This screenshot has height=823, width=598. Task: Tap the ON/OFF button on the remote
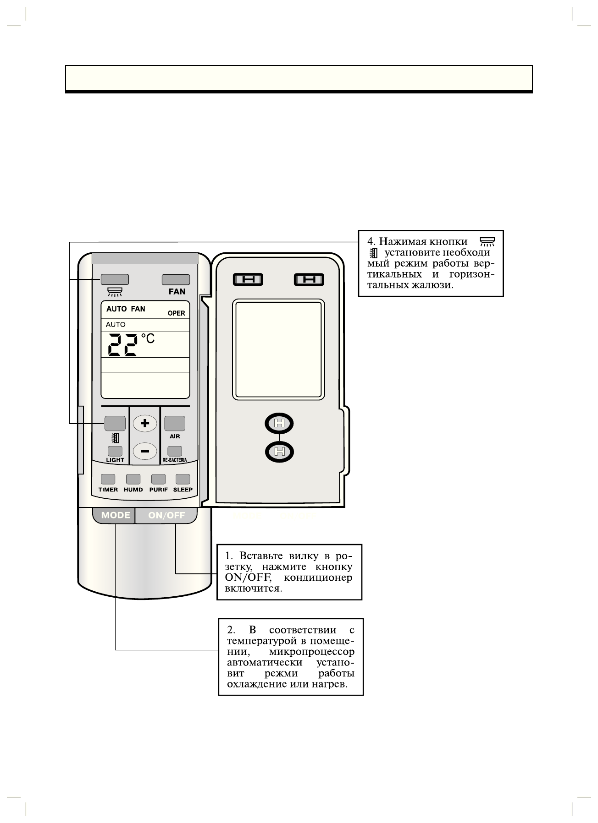[166, 515]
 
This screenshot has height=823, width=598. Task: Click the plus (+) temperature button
[145, 423]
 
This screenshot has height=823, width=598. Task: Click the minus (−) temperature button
[145, 452]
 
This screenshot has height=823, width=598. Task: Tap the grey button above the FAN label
[176, 279]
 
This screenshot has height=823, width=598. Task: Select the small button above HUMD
[133, 479]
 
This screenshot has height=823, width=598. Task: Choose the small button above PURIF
[158, 479]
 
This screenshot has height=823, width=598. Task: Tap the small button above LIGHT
[115, 451]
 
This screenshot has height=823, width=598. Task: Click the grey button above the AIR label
[175, 423]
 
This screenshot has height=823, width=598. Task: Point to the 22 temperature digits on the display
[122, 345]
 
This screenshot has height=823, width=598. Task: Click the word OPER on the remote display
[176, 314]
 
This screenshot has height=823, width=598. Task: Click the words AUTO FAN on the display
[126, 309]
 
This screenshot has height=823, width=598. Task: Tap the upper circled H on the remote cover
[279, 424]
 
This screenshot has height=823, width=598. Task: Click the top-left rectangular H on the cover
[248, 279]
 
